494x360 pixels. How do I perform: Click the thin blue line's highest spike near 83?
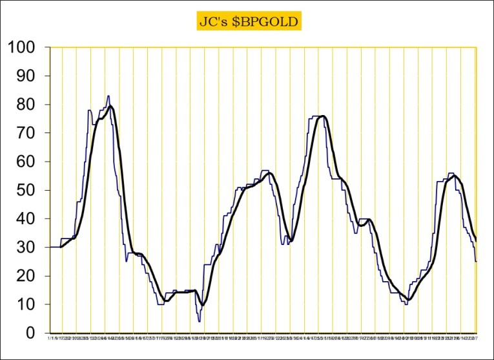coord(108,96)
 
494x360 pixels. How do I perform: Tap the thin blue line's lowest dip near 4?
coord(200,321)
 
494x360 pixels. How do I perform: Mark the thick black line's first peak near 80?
coord(111,106)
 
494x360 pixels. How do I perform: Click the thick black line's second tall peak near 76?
coord(322,116)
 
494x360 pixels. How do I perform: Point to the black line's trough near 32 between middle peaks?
coord(291,241)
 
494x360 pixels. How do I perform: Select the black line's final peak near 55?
coord(454,176)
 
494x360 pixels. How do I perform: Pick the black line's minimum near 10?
coord(203,305)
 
